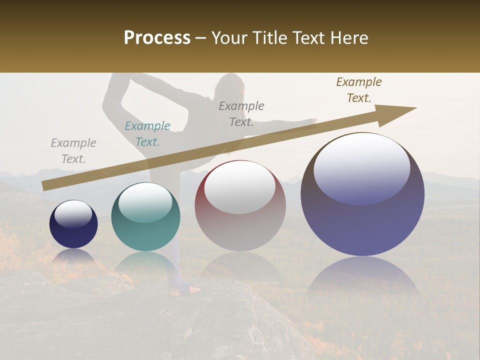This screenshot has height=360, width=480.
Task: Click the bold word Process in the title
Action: (x=157, y=38)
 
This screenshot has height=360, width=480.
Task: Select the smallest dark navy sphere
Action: (x=73, y=224)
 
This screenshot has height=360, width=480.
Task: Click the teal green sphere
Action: (x=145, y=217)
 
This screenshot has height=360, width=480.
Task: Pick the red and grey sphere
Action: (x=240, y=206)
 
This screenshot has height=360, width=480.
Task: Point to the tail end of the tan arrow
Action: (x=44, y=186)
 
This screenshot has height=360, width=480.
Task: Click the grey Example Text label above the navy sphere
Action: (x=73, y=151)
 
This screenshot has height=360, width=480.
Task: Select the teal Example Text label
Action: (x=147, y=134)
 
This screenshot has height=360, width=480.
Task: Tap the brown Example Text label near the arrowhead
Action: (x=359, y=90)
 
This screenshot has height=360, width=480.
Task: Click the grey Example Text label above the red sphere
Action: (x=241, y=113)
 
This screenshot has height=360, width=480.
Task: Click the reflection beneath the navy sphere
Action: (x=73, y=256)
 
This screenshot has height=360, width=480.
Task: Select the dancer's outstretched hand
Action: (x=312, y=120)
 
